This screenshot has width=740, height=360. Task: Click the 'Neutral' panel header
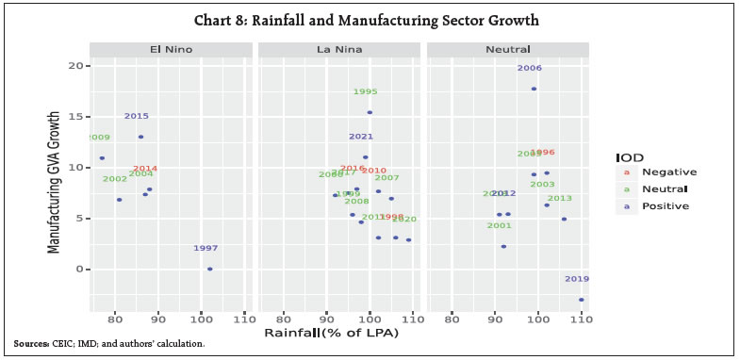[508, 49]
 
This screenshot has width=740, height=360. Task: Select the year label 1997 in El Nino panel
[206, 248]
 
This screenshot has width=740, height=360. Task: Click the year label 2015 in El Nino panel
[137, 116]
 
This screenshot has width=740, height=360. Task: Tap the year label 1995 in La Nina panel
[366, 91]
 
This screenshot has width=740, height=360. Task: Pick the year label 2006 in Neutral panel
[530, 68]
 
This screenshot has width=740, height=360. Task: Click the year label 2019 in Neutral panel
[577, 279]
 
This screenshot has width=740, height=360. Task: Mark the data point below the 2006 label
[534, 89]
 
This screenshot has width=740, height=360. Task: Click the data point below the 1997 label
[209, 269]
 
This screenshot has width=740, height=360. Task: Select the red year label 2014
[145, 169]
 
